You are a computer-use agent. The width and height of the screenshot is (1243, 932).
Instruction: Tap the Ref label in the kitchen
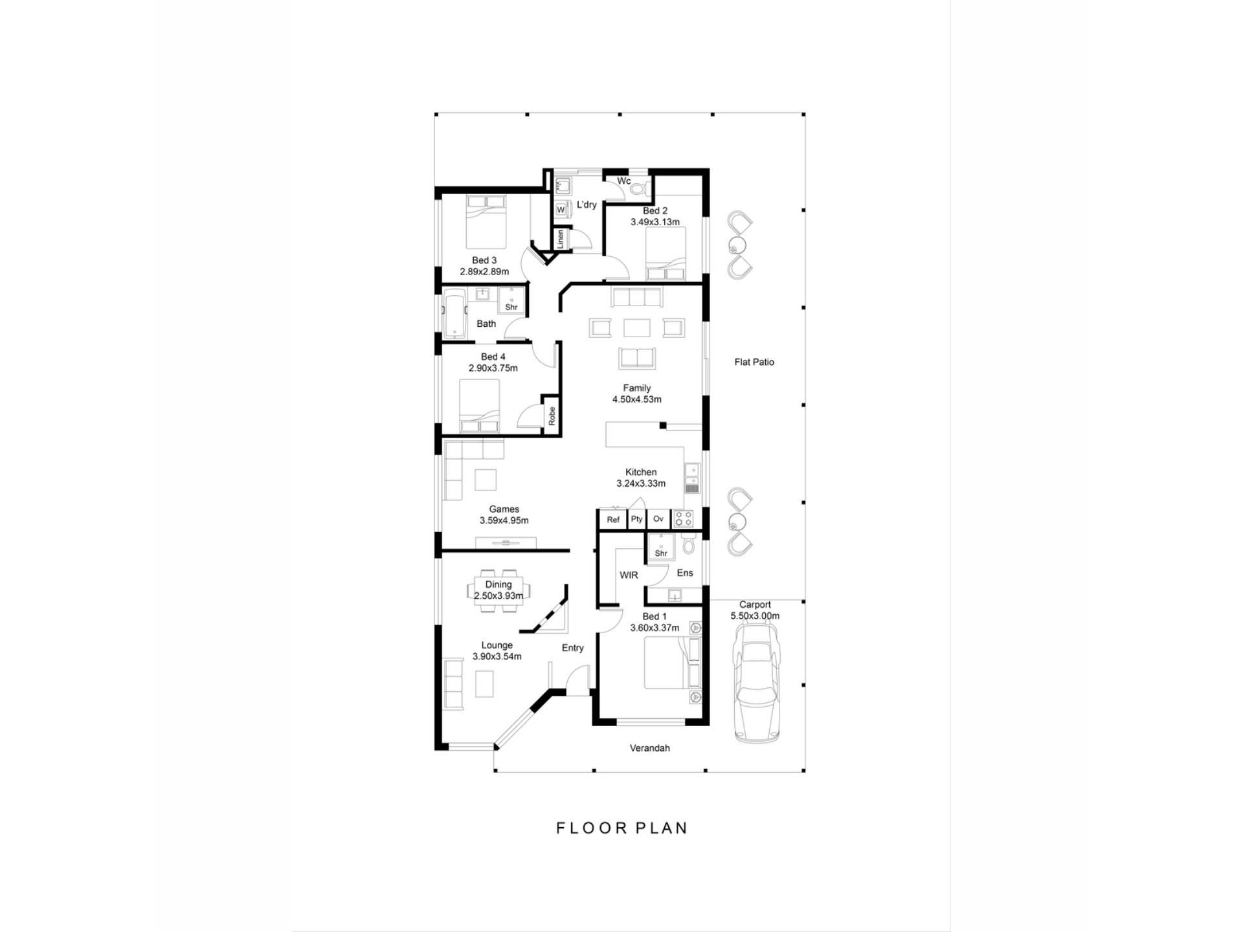613,520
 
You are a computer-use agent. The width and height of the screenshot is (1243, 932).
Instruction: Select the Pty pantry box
637,519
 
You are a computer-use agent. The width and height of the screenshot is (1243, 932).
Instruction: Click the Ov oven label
658,519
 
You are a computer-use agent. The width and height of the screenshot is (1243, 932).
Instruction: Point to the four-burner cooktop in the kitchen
683,518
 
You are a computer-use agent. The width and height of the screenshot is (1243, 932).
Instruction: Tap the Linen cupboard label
561,239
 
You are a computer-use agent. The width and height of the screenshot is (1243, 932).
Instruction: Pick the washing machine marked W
561,210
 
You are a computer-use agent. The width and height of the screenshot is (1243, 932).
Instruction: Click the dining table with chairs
498,590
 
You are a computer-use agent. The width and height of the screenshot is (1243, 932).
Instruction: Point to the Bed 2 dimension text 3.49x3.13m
655,222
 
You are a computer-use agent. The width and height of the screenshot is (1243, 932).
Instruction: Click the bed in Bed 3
486,222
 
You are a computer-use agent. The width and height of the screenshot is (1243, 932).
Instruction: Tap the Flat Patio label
754,362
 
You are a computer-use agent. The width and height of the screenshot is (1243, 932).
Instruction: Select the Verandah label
650,748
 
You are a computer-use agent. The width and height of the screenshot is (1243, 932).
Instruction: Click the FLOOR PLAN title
621,828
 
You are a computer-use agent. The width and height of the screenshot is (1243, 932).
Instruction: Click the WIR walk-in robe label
629,575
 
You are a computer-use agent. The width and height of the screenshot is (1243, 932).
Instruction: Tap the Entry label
573,648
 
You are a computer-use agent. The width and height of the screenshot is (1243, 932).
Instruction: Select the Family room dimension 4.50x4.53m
637,399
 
